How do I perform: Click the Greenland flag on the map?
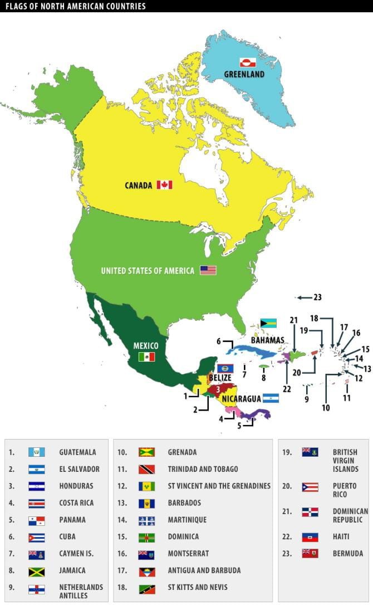click(x=247, y=62)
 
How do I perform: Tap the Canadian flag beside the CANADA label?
click(x=164, y=184)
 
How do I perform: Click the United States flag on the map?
click(x=208, y=270)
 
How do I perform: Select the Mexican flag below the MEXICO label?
click(x=146, y=357)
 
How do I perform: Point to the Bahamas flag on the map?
click(x=268, y=323)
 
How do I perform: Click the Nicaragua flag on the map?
click(x=271, y=398)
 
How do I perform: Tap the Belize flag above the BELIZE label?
click(x=224, y=368)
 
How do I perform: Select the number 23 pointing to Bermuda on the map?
click(x=317, y=297)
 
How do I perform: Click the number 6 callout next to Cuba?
click(x=219, y=341)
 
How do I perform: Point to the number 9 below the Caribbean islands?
click(x=306, y=399)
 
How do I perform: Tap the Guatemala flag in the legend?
click(x=37, y=452)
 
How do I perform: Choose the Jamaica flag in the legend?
click(x=37, y=570)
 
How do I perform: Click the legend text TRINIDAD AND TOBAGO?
click(x=203, y=469)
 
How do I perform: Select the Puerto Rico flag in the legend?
click(x=310, y=487)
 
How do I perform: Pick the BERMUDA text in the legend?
click(x=348, y=554)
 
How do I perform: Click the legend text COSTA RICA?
click(x=76, y=503)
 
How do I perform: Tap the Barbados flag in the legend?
click(x=146, y=503)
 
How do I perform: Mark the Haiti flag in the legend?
click(x=310, y=537)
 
